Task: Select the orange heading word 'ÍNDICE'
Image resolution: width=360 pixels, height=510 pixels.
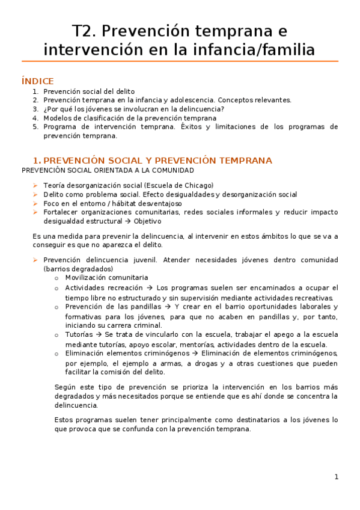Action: pos(37,81)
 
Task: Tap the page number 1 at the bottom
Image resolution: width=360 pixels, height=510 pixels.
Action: pos(337,477)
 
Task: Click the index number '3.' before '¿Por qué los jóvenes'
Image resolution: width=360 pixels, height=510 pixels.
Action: pos(35,109)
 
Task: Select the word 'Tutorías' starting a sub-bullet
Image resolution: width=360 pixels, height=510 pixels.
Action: pos(78,334)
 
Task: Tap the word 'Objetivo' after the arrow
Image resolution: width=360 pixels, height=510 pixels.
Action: pos(147,221)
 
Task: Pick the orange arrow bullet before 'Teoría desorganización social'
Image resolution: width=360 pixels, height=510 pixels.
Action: pos(35,185)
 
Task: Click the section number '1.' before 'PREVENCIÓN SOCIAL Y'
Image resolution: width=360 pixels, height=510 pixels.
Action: pos(37,161)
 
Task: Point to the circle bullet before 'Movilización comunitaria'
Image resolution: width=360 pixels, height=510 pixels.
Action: pos(56,278)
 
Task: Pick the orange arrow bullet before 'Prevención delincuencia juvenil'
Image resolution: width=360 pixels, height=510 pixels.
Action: pos(35,260)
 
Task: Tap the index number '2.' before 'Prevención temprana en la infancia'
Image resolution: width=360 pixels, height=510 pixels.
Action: pos(35,100)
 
